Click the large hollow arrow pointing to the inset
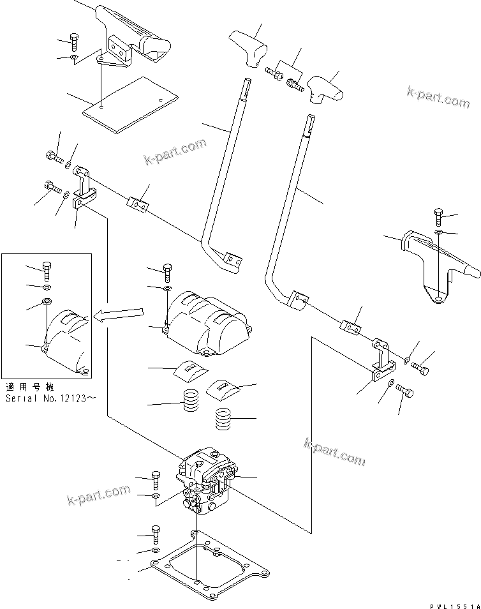pyautogui.click(x=120, y=313)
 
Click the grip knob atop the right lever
pyautogui.click(x=324, y=87)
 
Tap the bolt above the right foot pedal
pyautogui.click(x=438, y=215)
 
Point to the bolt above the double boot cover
pyautogui.click(x=166, y=272)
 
